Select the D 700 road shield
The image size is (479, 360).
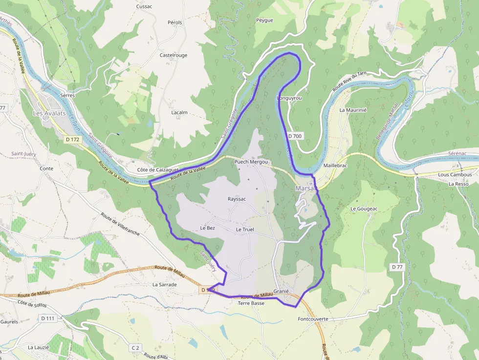point(295,136)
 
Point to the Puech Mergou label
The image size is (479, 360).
point(251,162)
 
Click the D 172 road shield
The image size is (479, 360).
point(72,140)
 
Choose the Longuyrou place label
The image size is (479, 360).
point(289,98)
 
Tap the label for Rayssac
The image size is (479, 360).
point(237,199)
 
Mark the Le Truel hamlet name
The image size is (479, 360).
point(245,230)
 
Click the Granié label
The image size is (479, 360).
point(282,291)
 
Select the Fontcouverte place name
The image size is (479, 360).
point(313,319)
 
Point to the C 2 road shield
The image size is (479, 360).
point(135,348)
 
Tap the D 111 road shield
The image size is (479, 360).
point(48,318)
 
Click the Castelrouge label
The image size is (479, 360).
point(174,55)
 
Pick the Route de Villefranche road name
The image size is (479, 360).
point(120,224)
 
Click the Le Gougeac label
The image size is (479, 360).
point(364,209)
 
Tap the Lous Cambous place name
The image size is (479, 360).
point(455,174)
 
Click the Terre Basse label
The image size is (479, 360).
point(251,303)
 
